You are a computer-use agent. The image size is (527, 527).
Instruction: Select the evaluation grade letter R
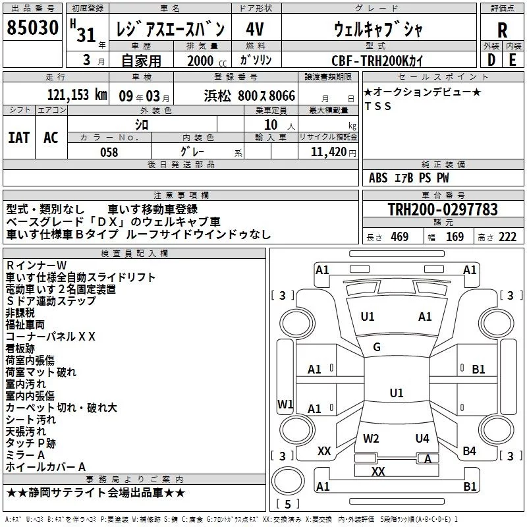coord(502,30)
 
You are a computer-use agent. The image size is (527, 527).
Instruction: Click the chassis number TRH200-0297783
coord(442,210)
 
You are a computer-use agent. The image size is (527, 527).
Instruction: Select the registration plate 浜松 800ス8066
coord(249,96)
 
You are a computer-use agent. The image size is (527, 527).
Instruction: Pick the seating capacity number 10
coord(271,125)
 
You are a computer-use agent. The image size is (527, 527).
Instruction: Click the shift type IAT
coord(19,138)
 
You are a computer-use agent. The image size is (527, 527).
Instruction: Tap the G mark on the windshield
coord(377,347)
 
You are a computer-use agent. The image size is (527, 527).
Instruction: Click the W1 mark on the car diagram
coord(285,404)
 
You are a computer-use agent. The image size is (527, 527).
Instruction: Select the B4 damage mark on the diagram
coord(469,451)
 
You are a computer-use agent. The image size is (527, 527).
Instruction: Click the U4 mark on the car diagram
coord(422,438)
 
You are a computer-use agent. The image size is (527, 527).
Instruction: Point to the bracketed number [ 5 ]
coord(287,505)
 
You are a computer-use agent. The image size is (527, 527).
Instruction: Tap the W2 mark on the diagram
coord(371,438)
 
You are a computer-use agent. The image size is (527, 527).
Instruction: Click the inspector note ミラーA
coord(25,455)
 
